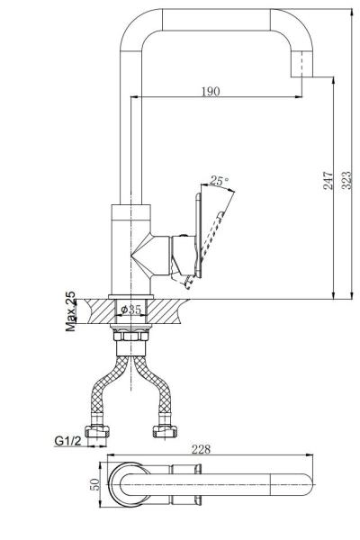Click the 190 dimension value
tap(210, 92)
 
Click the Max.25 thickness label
tap(71, 311)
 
